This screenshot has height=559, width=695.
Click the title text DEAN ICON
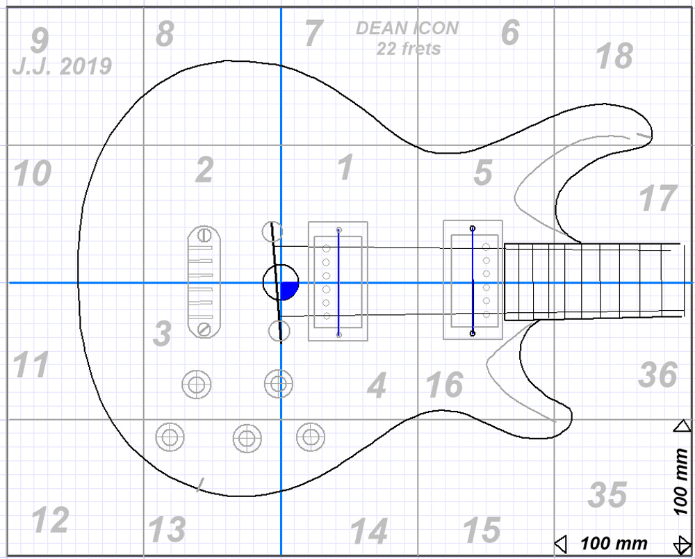pyautogui.click(x=407, y=29)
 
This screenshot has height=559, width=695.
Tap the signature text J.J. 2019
pyautogui.click(x=62, y=67)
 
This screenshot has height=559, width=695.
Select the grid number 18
pyautogui.click(x=614, y=56)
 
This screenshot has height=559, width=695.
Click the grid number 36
pyautogui.click(x=657, y=375)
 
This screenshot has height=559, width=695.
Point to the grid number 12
pyautogui.click(x=51, y=520)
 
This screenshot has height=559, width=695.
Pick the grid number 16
pyautogui.click(x=444, y=384)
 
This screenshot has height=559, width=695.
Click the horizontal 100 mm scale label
pyautogui.click(x=614, y=543)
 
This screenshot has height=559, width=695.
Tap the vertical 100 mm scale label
pyautogui.click(x=682, y=482)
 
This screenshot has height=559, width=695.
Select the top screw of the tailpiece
pyautogui.click(x=204, y=234)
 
